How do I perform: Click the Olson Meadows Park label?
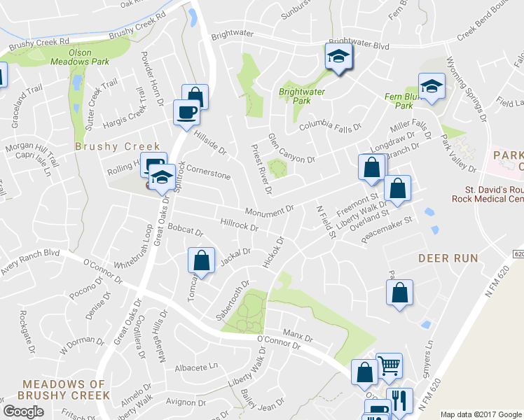point(89,57)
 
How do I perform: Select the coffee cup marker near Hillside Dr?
point(186,113)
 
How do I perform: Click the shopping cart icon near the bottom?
point(389,365)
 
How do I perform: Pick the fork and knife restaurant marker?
point(397,401)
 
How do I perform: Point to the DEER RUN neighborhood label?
point(448,258)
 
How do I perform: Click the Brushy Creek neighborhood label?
point(106,147)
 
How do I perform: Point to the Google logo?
point(23,412)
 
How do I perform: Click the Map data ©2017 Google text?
point(481,414)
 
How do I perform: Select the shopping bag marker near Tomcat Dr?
point(201,260)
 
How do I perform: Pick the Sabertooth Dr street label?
point(233,301)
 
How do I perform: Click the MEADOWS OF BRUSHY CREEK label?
point(65,389)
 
